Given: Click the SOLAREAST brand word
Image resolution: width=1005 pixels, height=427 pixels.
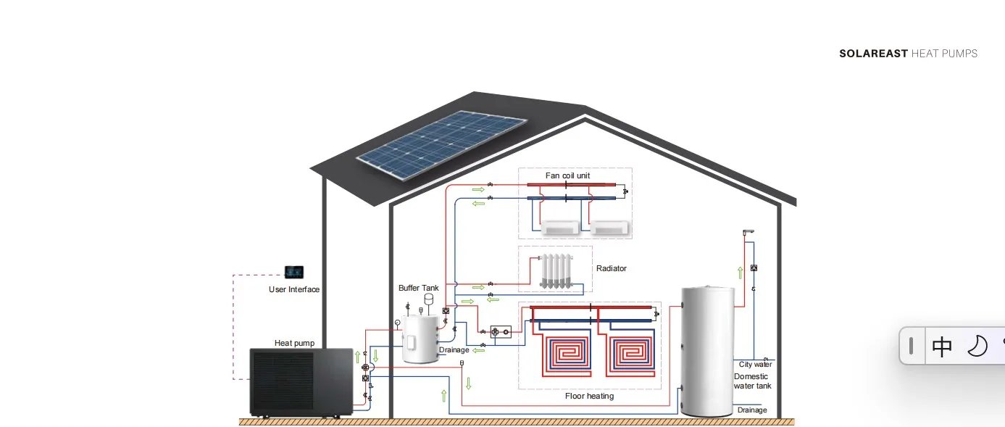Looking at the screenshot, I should tap(873, 54).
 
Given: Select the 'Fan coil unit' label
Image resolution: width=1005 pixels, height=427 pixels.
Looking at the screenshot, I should tap(567, 176).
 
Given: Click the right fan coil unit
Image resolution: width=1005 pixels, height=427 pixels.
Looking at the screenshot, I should tap(610, 228).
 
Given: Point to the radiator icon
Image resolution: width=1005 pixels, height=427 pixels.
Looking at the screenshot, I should tap(556, 272).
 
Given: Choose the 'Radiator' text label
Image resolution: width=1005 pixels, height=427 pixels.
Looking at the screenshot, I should tap(611, 269).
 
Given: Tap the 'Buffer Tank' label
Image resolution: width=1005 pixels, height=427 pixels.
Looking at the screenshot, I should tap(418, 289).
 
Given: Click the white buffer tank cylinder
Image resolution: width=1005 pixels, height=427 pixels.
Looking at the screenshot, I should tap(420, 339).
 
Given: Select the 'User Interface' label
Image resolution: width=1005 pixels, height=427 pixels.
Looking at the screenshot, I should tap(293, 290).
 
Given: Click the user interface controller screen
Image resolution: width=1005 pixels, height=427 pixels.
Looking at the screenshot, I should tap(293, 272).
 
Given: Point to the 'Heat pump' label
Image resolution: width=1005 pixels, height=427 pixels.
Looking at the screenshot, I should tap(293, 344).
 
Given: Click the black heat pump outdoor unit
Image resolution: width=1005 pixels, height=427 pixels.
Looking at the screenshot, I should tap(300, 383).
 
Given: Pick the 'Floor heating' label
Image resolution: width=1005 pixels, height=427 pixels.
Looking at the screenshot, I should tap(589, 397).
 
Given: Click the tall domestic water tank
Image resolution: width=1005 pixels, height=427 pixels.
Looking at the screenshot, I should tap(708, 351).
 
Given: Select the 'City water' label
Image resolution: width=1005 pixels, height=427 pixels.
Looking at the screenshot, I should tap(755, 365).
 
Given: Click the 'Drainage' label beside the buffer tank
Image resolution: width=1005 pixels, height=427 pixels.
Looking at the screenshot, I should tap(454, 351).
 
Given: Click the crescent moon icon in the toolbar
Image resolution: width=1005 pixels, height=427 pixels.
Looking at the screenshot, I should tap(977, 347).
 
